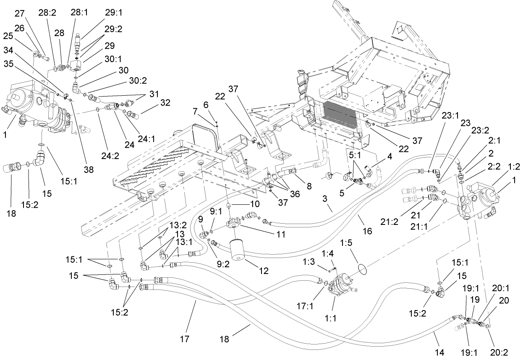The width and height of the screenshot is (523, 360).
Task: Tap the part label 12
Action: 264,271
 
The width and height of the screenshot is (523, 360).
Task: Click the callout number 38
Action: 89,170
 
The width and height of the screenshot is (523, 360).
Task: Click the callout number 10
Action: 255,204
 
